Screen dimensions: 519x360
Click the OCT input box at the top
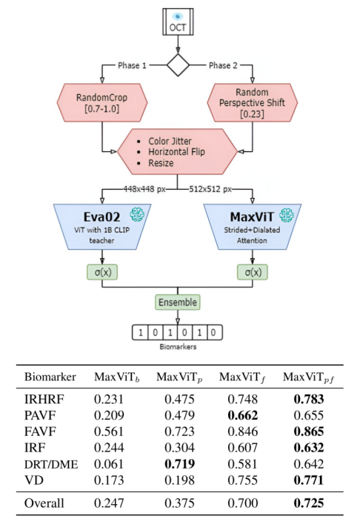click(178, 22)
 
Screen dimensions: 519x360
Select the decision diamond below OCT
click(178, 65)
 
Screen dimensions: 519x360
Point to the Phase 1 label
click(133, 65)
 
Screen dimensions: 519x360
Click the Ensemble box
click(177, 302)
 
